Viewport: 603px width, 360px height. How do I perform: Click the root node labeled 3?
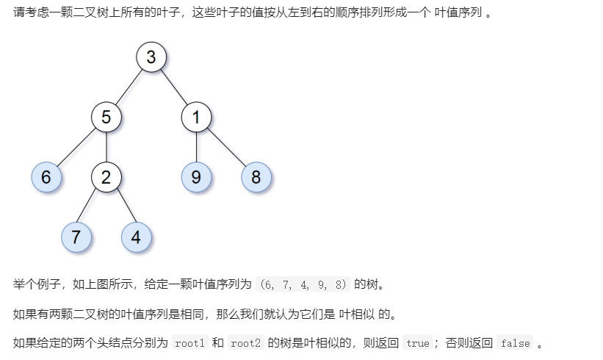tap(151, 57)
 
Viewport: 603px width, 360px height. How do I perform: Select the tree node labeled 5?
tap(106, 117)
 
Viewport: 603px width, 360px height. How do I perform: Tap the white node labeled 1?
tap(196, 117)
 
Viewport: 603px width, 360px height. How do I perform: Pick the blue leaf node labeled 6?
tap(46, 177)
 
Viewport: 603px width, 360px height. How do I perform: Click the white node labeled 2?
tap(106, 177)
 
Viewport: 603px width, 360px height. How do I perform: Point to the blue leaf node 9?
tap(196, 177)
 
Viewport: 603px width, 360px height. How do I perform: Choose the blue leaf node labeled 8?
tap(256, 177)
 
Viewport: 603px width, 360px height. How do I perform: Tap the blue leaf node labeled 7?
tap(76, 237)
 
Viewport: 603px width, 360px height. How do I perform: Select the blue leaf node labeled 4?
tap(136, 237)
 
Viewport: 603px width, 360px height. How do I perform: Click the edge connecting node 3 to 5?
tap(129, 87)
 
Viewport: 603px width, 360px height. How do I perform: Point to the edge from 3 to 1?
tap(174, 87)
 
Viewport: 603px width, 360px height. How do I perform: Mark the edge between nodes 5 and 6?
tap(76, 147)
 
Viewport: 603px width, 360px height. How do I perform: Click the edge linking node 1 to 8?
tap(226, 147)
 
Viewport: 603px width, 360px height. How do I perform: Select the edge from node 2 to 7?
tap(92, 207)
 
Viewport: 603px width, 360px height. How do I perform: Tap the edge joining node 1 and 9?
tap(196, 147)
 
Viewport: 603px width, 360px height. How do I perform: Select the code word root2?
tap(247, 343)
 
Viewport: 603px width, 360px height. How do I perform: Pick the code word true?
tap(418, 343)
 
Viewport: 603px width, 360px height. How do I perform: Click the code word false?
tap(516, 343)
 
